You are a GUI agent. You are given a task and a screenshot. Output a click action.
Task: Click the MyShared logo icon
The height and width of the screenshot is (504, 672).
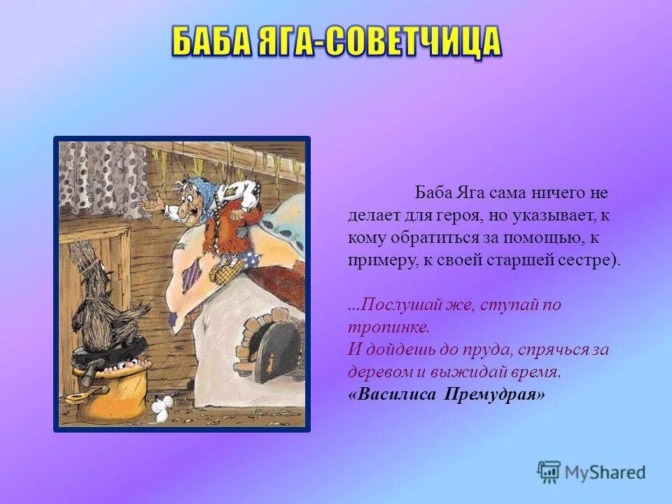click(548, 470)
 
